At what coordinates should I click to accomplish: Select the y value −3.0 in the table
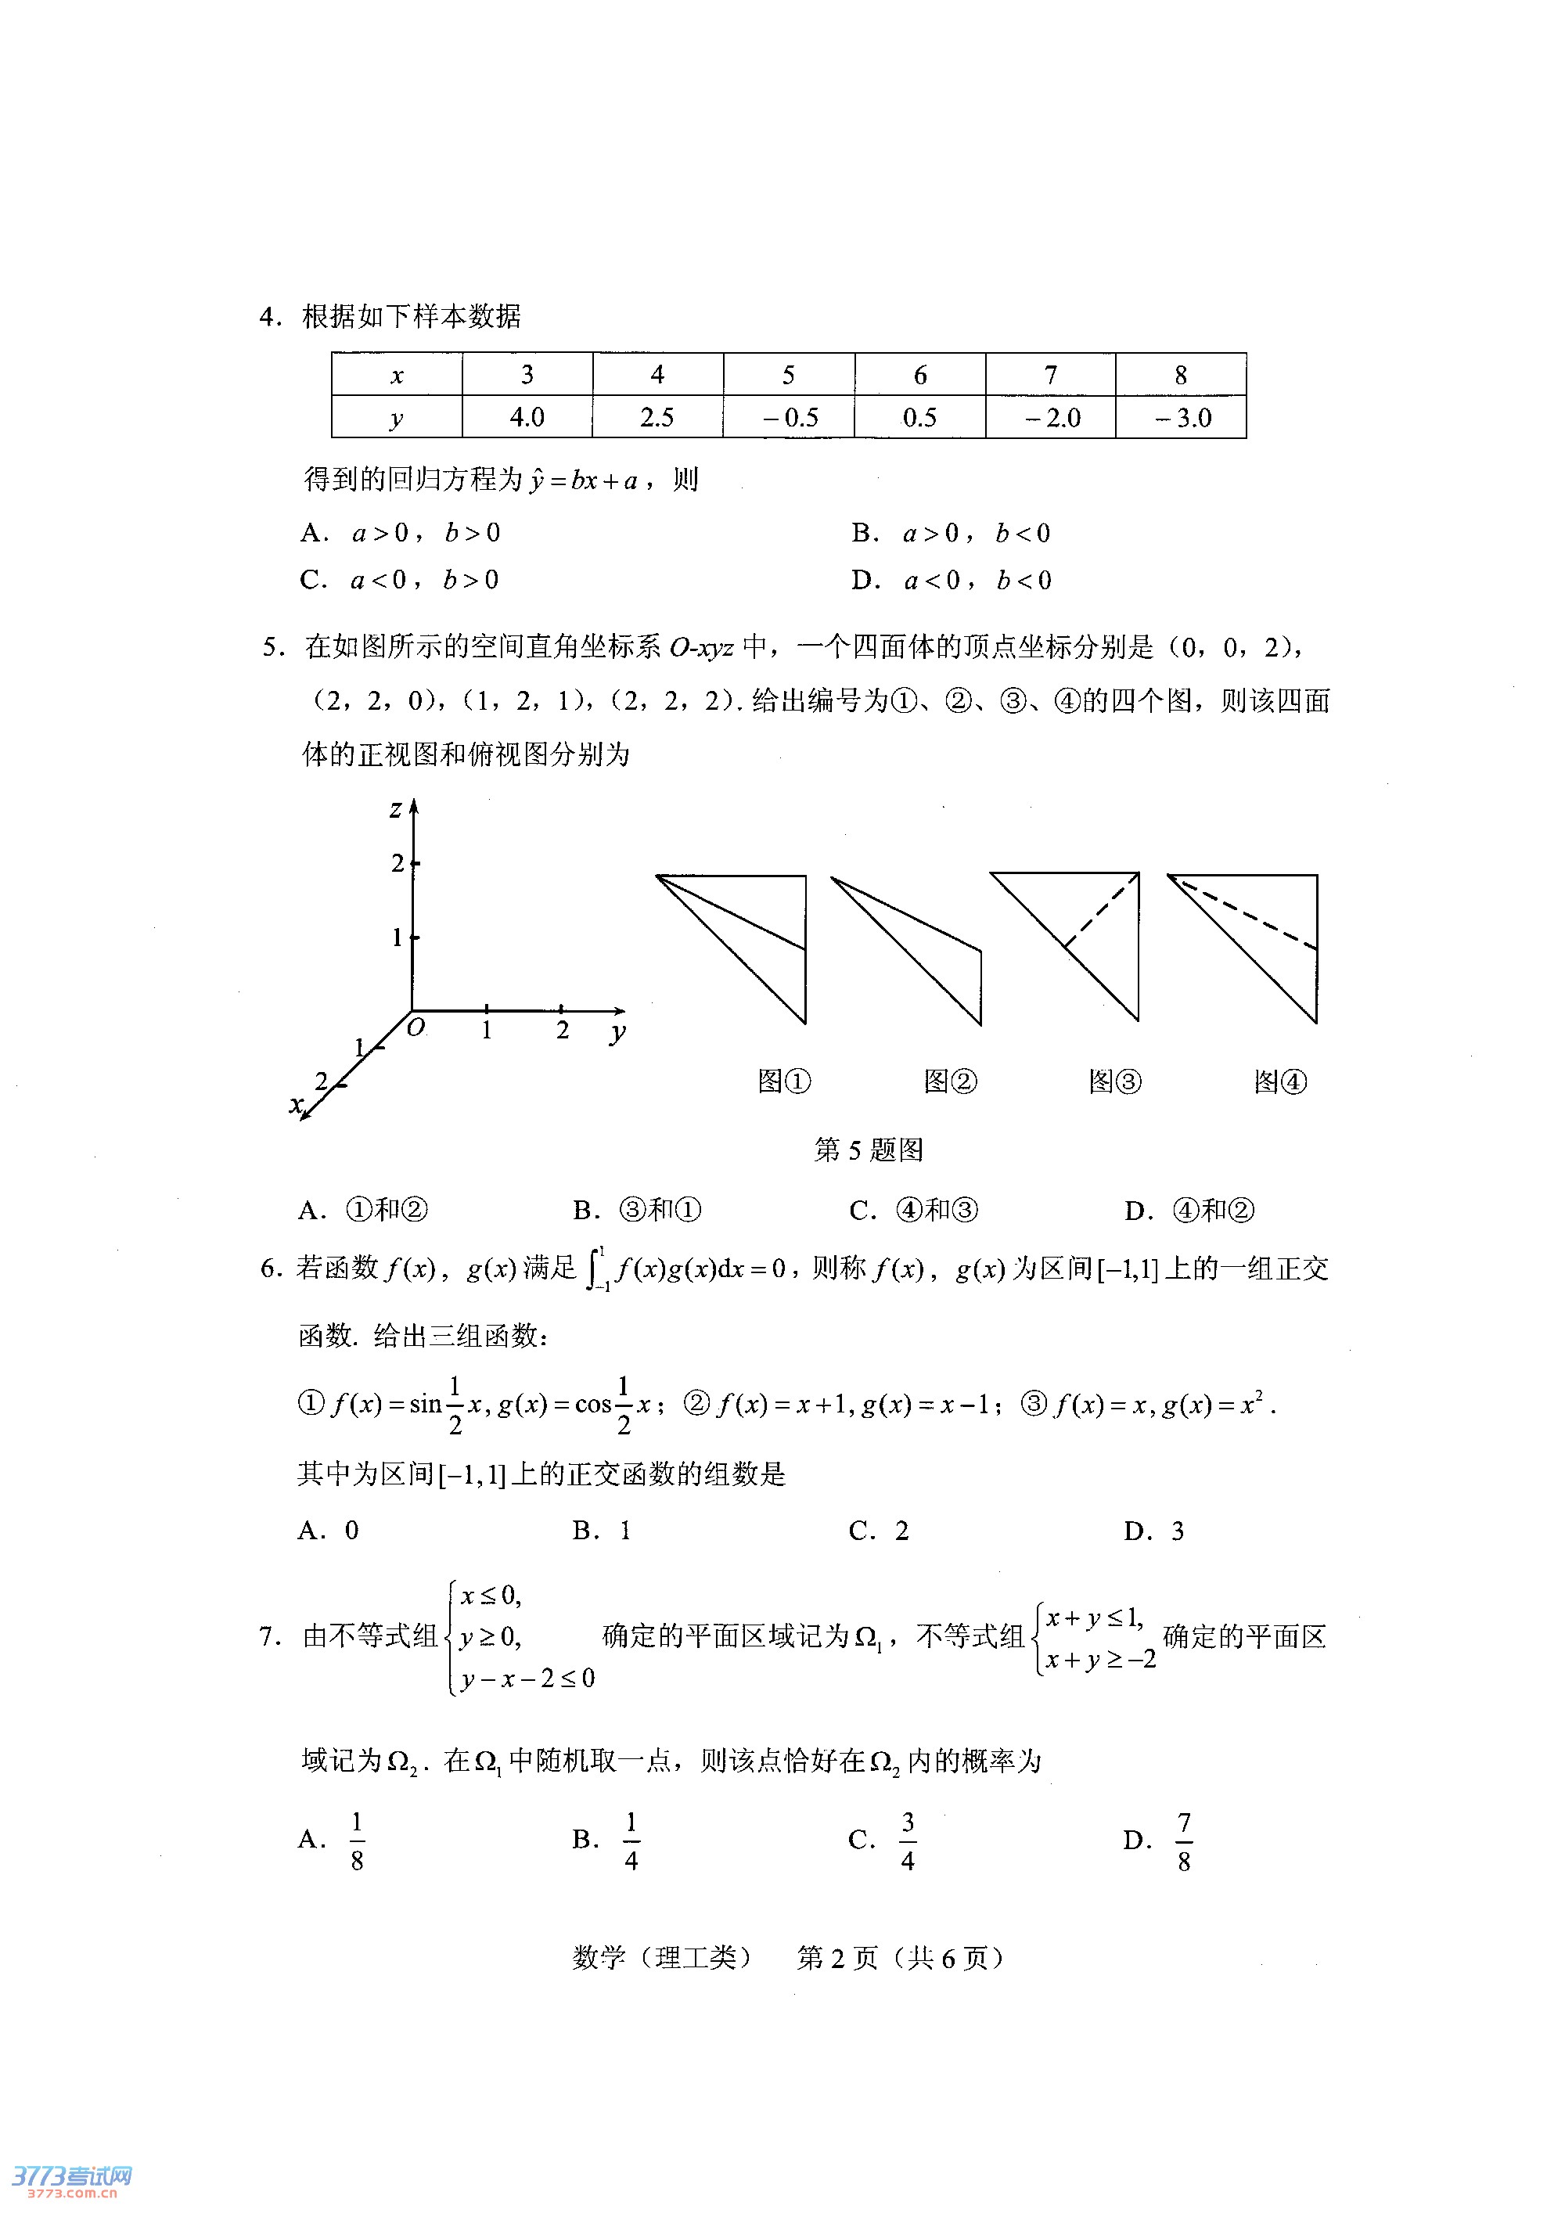(x=1182, y=417)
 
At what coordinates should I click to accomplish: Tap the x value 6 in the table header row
(x=919, y=375)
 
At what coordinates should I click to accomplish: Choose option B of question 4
(x=950, y=533)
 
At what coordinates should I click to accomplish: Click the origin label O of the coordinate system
(x=416, y=1027)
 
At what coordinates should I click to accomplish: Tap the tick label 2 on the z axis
(x=397, y=862)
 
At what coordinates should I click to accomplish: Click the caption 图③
(x=1115, y=1081)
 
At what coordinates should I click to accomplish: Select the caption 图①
(x=784, y=1081)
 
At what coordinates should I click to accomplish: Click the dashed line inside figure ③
(x=1102, y=911)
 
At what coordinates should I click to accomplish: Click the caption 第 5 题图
(x=869, y=1150)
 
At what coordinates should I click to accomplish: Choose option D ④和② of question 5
(x=1189, y=1211)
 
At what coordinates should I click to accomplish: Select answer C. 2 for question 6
(x=878, y=1531)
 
